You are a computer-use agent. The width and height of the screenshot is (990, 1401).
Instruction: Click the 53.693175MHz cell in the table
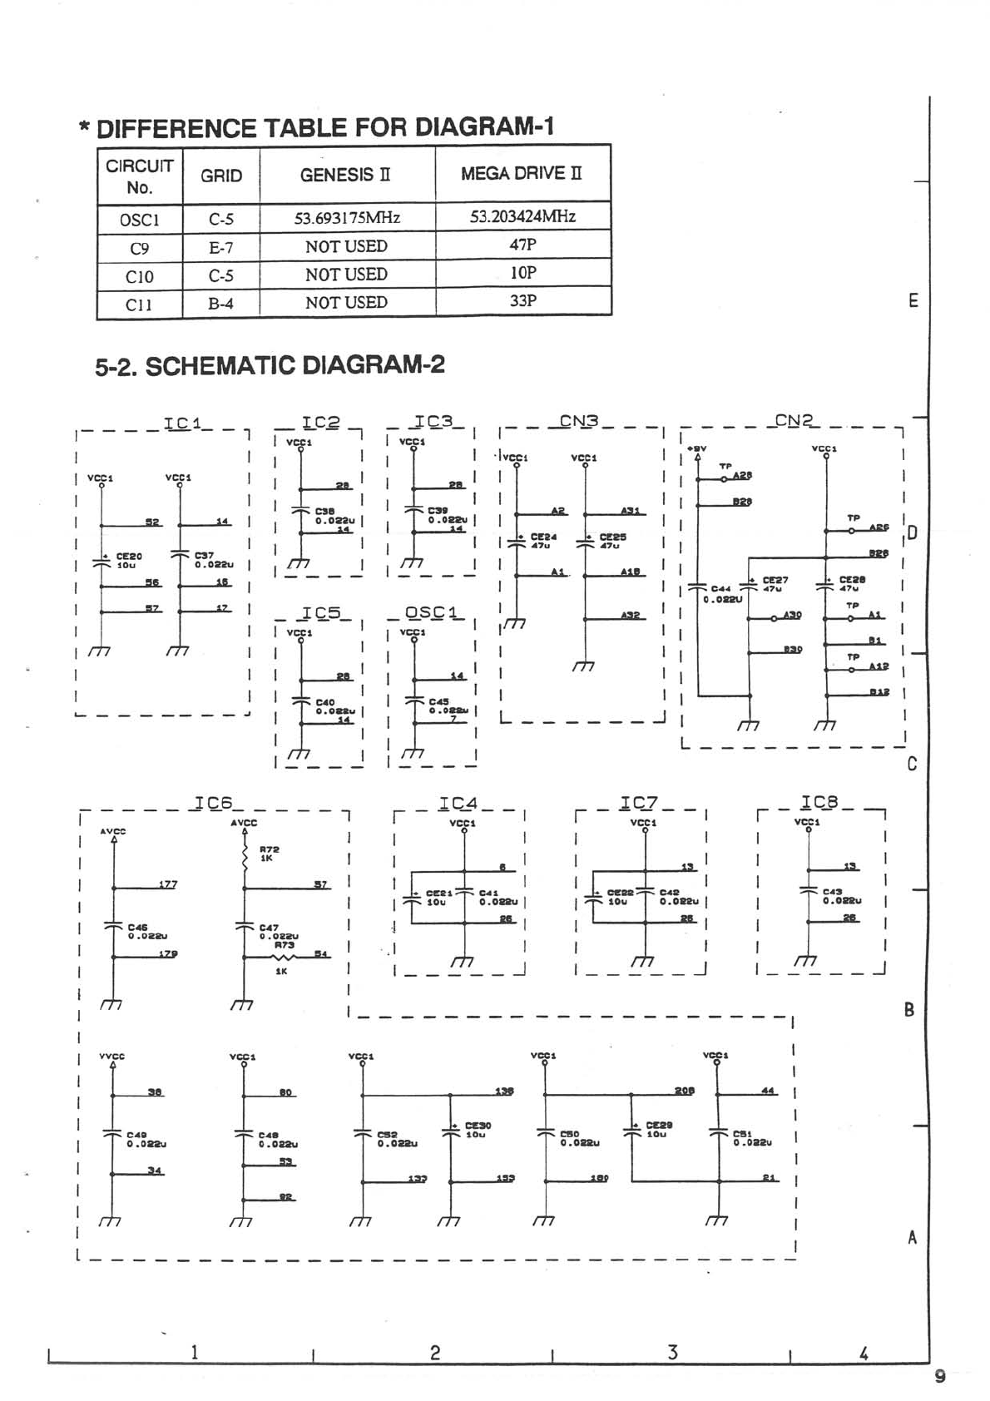point(347,218)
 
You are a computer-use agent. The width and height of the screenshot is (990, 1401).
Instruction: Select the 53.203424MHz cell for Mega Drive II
point(522,216)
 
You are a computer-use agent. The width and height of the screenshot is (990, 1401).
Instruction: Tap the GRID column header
point(221,176)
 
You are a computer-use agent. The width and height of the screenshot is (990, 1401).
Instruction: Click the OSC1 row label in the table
point(139,220)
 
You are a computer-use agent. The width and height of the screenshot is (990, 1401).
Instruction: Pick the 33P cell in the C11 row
point(522,300)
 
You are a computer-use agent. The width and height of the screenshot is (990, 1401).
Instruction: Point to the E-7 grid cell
point(220,247)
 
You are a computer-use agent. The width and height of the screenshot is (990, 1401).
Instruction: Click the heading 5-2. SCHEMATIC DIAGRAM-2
point(270,365)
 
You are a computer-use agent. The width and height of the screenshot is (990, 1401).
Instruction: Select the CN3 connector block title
point(579,421)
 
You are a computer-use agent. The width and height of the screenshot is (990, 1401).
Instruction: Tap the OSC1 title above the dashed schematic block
point(431,612)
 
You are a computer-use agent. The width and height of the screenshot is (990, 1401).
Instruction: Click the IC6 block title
point(213,803)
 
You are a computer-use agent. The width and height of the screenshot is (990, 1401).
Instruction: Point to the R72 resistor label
point(270,849)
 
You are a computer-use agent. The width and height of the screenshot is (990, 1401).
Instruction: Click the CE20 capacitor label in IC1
point(129,556)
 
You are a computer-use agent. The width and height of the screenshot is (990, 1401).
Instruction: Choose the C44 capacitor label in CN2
point(720,589)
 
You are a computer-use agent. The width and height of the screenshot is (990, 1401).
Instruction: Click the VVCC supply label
point(111,1057)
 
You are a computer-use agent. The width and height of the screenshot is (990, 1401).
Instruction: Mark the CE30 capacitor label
point(478,1126)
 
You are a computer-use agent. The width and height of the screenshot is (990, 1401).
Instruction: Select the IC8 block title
point(819,803)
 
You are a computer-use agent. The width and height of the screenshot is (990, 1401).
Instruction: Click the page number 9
point(939,1376)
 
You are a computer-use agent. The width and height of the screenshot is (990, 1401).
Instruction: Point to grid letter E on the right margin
point(913,301)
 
